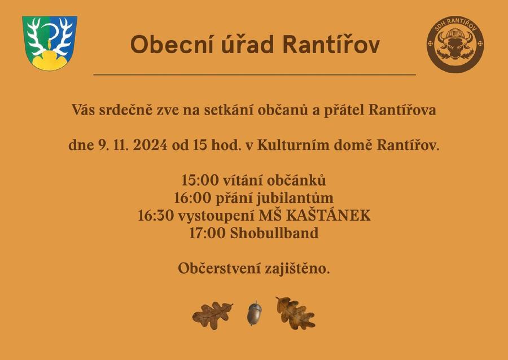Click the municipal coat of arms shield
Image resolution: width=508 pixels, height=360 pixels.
50,43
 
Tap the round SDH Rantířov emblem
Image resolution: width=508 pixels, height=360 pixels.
455,44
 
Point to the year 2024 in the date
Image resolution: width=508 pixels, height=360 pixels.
150,144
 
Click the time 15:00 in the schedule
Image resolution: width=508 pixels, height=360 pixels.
200,180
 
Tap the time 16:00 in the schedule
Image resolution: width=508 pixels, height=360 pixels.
192,197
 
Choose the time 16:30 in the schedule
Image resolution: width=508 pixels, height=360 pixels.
156,216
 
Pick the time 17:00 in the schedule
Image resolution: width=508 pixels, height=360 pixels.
207,233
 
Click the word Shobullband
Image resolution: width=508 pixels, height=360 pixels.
274,233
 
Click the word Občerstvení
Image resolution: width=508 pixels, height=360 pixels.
220,268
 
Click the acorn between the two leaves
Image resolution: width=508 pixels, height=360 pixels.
255,313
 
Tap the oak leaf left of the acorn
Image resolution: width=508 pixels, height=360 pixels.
213,315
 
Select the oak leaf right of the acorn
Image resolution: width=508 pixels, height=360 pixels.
295,313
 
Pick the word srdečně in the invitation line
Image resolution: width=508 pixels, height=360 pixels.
125,109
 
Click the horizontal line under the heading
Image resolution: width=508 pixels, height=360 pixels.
255,75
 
